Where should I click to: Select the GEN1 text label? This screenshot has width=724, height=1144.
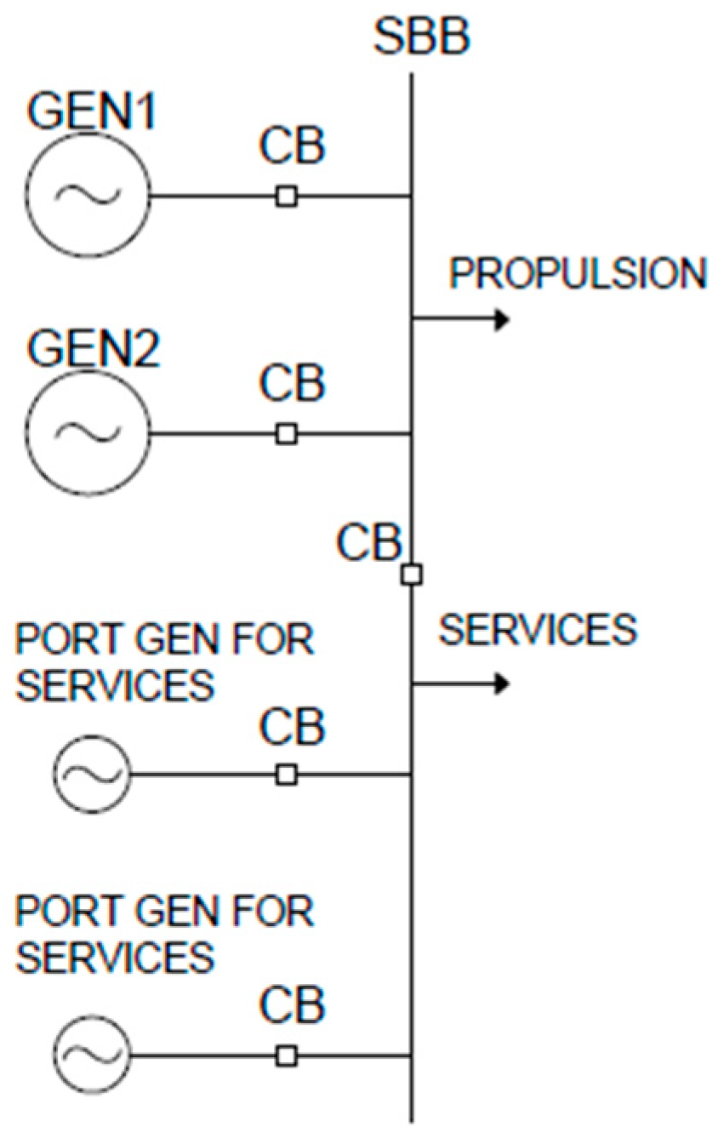pos(93,112)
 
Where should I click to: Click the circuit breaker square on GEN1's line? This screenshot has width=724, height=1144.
pos(287,197)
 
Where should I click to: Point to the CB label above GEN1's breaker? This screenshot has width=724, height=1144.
pos(292,147)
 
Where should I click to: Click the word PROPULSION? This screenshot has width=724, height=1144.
pos(578,274)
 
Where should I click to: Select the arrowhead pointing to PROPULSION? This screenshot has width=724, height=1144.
pos(501,320)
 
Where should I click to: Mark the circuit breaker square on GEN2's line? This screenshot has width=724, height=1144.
pos(287,434)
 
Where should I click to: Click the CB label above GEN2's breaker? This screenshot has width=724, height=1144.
pos(292,385)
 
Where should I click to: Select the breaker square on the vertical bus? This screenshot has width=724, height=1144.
pos(412,575)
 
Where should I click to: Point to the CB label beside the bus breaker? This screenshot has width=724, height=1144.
pos(368,542)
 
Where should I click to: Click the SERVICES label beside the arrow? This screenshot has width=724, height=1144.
pos(537,631)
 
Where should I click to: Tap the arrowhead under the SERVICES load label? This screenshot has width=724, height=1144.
pos(501,684)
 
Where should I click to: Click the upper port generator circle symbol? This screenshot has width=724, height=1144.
pos(92,775)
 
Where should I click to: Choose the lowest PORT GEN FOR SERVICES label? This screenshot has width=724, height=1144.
pos(165,935)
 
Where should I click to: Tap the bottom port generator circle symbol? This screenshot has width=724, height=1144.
pos(92,1056)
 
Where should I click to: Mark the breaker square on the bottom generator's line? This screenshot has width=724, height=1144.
pos(287,1056)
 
